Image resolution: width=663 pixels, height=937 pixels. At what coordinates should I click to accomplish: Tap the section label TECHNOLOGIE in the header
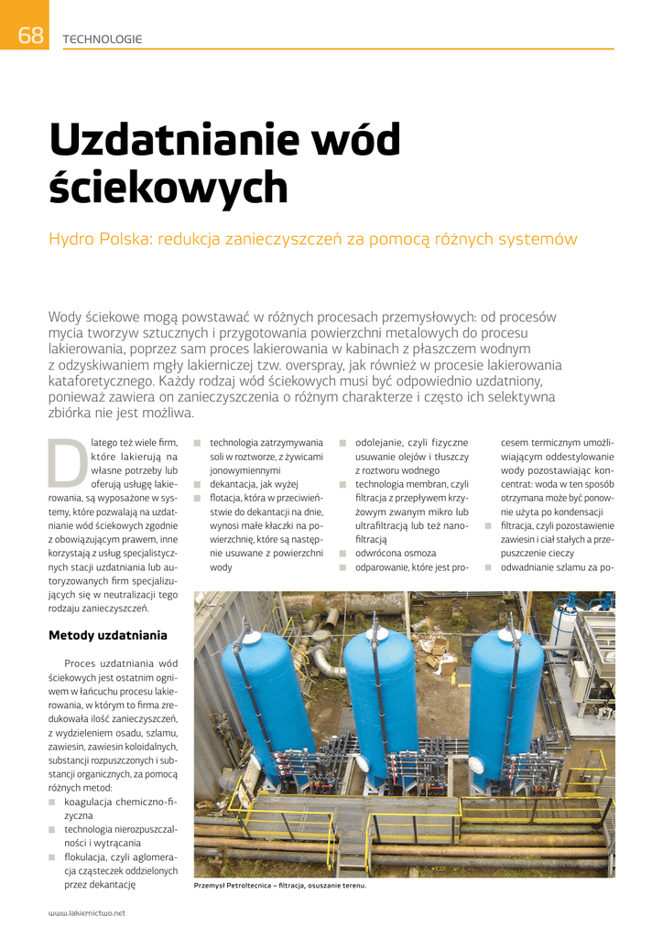[102, 38]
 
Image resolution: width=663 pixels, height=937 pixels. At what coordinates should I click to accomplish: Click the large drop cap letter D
[67, 462]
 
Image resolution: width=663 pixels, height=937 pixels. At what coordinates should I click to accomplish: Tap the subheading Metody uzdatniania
[107, 634]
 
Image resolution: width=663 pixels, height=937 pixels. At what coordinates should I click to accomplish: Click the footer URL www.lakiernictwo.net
[86, 912]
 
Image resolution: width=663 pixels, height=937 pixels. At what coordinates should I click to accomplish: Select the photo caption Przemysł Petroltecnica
[280, 885]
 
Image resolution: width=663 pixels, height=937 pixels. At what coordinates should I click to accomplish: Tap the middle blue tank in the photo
[380, 695]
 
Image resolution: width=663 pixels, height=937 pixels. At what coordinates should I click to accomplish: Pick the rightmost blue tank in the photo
[506, 695]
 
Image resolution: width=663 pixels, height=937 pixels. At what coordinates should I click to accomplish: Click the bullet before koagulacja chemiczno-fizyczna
[53, 802]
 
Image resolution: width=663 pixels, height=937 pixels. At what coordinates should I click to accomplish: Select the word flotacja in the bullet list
[230, 498]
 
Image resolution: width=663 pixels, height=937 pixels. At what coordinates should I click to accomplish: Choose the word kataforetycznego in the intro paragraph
[100, 380]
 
